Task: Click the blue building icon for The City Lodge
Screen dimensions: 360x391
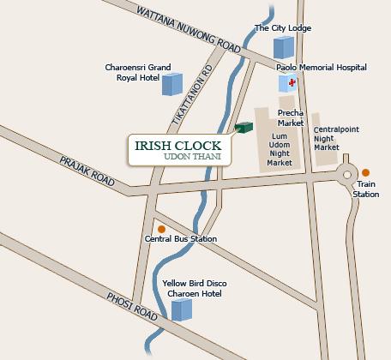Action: coord(282,48)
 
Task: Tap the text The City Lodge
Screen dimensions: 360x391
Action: coord(283,28)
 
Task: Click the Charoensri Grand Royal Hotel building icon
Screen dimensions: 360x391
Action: coord(172,83)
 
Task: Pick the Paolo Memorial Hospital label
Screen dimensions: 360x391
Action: coord(322,67)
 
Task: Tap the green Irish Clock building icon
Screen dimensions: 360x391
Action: coord(246,128)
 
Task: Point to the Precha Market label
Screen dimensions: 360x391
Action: coord(292,117)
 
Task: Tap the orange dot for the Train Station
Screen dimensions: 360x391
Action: coord(366,172)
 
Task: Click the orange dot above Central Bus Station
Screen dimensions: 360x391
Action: coord(160,229)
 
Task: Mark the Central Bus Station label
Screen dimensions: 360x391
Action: coord(181,239)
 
